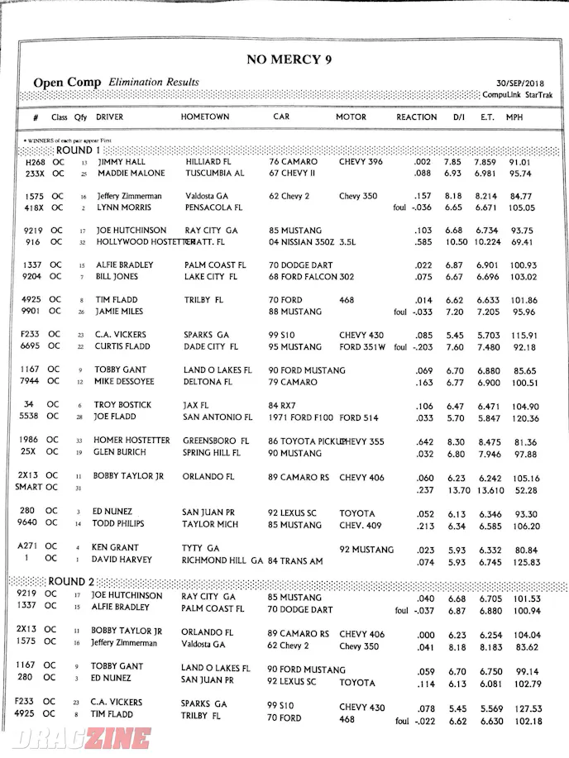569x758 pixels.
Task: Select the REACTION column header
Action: pos(416,117)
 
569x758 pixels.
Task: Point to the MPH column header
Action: pos(514,117)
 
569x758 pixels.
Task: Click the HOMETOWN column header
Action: pos(205,117)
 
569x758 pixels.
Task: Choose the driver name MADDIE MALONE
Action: pos(131,174)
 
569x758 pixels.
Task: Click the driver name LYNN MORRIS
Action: pos(127,207)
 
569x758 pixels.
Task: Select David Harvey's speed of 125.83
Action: pos(525,563)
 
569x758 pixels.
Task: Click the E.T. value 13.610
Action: pos(490,490)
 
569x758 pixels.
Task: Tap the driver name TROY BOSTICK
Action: pos(125,405)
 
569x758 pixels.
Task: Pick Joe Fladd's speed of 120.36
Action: pos(525,418)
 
